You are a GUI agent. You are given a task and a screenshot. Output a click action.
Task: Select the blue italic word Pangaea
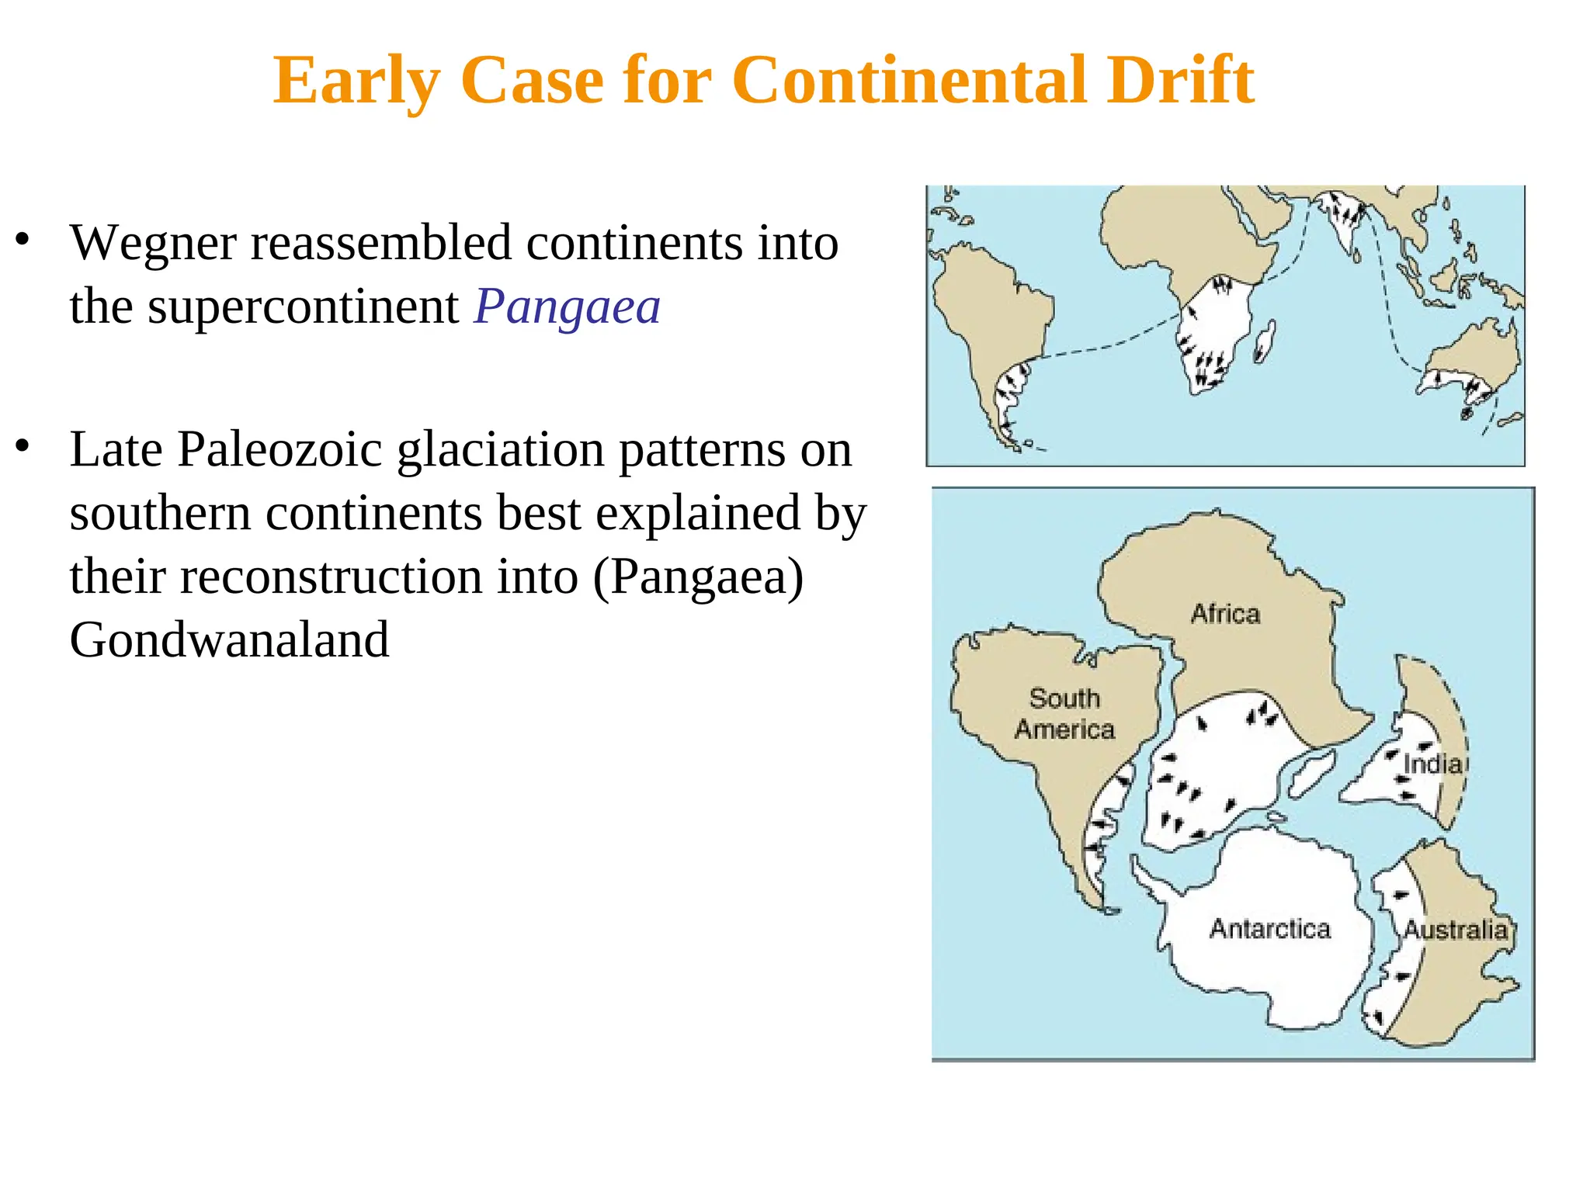pyautogui.click(x=567, y=307)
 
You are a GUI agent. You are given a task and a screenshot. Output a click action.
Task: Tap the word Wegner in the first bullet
pyautogui.click(x=153, y=244)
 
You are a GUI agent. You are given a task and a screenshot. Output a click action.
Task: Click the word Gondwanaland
pyautogui.click(x=229, y=640)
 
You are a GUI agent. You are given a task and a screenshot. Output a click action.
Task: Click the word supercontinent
pyautogui.click(x=303, y=307)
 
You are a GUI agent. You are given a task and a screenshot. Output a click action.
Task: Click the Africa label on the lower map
pyautogui.click(x=1225, y=614)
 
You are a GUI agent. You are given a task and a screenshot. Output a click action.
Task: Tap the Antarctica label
pyautogui.click(x=1269, y=929)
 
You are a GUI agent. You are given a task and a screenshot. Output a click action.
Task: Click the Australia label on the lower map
pyautogui.click(x=1455, y=930)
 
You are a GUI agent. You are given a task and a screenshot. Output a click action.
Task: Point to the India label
pyautogui.click(x=1432, y=764)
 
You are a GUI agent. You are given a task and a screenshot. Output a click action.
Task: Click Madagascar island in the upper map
pyautogui.click(x=1265, y=342)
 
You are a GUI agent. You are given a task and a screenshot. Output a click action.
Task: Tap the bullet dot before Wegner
pyautogui.click(x=23, y=240)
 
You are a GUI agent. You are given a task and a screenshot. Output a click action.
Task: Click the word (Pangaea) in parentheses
pyautogui.click(x=698, y=577)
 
